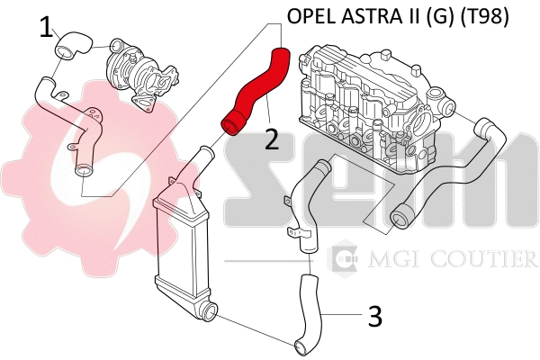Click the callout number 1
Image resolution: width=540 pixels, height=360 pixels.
pyautogui.click(x=46, y=29)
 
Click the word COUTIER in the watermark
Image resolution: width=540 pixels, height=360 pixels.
pyautogui.click(x=493, y=260)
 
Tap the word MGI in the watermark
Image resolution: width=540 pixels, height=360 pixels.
pyautogui.click(x=388, y=260)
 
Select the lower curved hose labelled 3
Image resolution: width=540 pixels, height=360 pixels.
pyautogui.click(x=311, y=310)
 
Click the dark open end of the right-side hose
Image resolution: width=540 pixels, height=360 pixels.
pyautogui.click(x=401, y=212)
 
